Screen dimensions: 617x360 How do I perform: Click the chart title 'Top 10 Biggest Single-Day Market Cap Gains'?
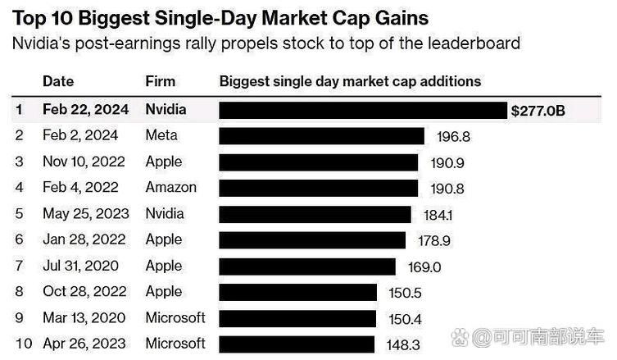pyautogui.click(x=220, y=19)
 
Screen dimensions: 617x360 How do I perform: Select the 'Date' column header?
pyautogui.click(x=58, y=81)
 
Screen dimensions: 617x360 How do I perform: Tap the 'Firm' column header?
pyautogui.click(x=160, y=81)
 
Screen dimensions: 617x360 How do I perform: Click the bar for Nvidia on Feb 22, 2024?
pyautogui.click(x=363, y=110)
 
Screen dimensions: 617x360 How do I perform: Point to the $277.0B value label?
pyautogui.click(x=538, y=111)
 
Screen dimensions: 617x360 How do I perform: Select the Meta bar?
pyautogui.click(x=321, y=136)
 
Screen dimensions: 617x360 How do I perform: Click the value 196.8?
pyautogui.click(x=453, y=137)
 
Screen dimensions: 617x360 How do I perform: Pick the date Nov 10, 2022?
pyautogui.click(x=84, y=162)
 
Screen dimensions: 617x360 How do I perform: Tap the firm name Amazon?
pyautogui.click(x=170, y=187)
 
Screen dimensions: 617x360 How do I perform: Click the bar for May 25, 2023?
pyautogui.click(x=315, y=214)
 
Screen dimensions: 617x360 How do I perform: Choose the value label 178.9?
pyautogui.click(x=434, y=240)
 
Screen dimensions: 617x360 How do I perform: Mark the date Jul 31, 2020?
pyautogui.click(x=80, y=266)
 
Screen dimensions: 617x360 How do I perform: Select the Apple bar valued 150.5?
pyautogui.click(x=298, y=292)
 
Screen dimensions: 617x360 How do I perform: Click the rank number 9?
pyautogui.click(x=20, y=317)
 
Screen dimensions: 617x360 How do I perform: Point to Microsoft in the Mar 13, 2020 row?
pyautogui.click(x=175, y=317)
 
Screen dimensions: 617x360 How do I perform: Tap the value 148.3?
pyautogui.click(x=403, y=345)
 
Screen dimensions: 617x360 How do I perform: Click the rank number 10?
pyautogui.click(x=24, y=344)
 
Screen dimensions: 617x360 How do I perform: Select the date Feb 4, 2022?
pyautogui.click(x=80, y=187)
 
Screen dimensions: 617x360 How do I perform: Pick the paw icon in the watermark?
pyautogui.click(x=460, y=338)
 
